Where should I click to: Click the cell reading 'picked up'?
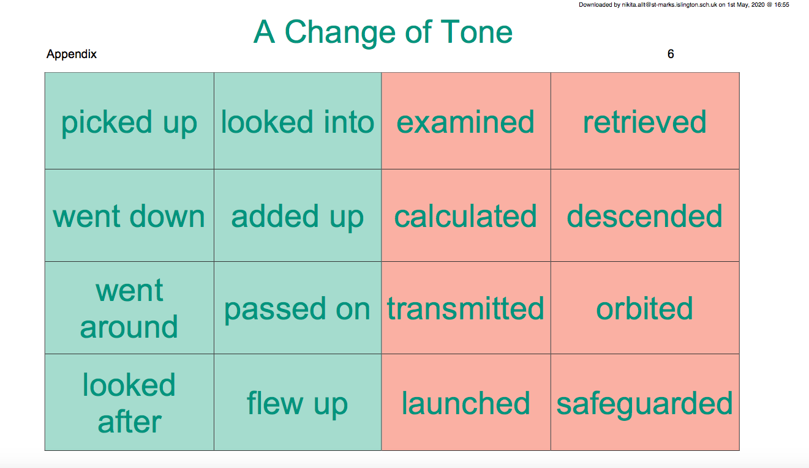coord(129,121)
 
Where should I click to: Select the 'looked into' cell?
coord(298,121)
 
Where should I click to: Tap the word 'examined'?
coord(465,122)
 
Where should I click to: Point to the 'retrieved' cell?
coord(645,121)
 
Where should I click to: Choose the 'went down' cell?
coord(129,215)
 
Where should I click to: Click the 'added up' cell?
coord(298,215)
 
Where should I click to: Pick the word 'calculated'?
coord(465,216)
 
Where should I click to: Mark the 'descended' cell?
coord(645,215)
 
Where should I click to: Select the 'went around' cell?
coord(129,308)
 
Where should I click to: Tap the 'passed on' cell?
coord(298,308)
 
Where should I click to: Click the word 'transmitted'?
coord(465,308)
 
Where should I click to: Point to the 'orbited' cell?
coord(645,308)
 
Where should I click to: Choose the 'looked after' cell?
coord(129,403)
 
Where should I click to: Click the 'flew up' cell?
coord(298,403)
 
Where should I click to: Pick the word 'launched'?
coord(465,403)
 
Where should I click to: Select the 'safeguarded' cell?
coord(645,403)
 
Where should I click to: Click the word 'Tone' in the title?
coord(476,32)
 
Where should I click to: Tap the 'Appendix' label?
coord(72,54)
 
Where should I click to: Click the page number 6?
coord(671,54)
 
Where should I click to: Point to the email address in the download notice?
coord(669,5)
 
